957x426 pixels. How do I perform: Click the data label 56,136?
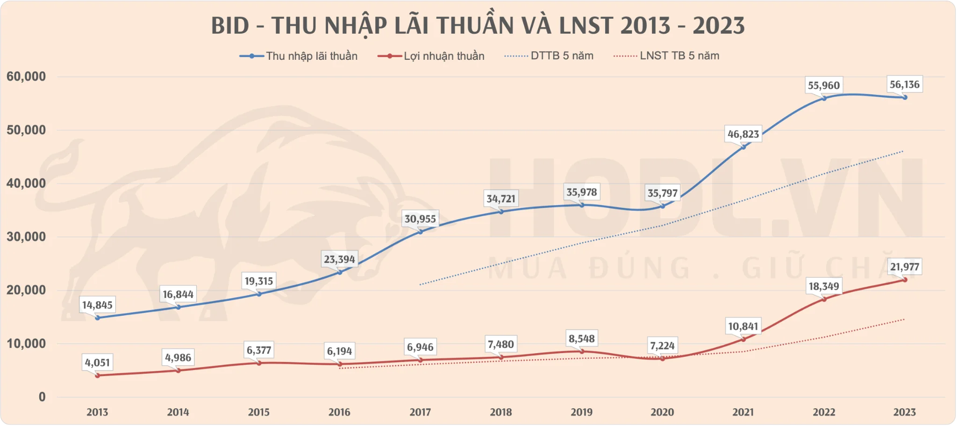(904, 85)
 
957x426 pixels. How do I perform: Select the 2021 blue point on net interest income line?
(743, 147)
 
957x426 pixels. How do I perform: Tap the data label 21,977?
(904, 267)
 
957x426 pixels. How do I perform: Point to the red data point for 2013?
(97, 375)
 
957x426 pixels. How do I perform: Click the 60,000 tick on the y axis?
(26, 77)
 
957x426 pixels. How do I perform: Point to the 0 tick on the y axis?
(42, 397)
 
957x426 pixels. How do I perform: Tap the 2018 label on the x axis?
(500, 412)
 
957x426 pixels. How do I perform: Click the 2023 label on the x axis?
(904, 412)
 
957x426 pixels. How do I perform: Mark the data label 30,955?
(420, 219)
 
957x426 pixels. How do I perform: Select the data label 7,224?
(662, 346)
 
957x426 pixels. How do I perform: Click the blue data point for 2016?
(340, 272)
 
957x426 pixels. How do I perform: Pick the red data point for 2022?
(824, 299)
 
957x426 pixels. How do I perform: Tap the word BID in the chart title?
(230, 26)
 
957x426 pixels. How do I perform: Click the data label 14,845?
(97, 305)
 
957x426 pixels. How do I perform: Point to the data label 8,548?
(581, 339)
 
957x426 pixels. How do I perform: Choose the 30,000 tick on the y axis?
(26, 237)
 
